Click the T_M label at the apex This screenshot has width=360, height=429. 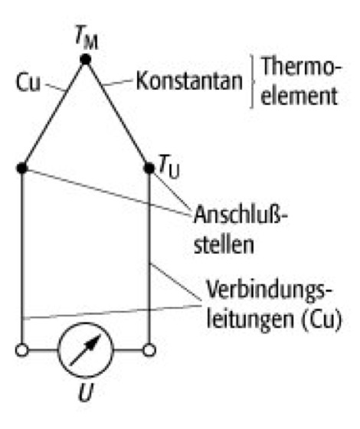[x=87, y=38]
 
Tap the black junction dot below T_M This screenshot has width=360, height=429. [x=86, y=60]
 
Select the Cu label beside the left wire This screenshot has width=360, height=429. [x=28, y=82]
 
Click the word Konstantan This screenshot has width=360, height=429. [x=189, y=80]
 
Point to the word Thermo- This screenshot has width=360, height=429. [x=302, y=67]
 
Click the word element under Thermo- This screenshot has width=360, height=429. [x=299, y=96]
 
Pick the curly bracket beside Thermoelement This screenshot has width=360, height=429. [x=252, y=81]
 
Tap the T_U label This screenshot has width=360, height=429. [x=169, y=167]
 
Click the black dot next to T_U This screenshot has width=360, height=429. [x=149, y=168]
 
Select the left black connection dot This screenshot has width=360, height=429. [x=22, y=168]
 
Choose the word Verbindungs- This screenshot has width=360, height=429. [x=270, y=290]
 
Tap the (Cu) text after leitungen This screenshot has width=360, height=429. [x=321, y=319]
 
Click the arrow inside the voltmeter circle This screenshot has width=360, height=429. [x=85, y=350]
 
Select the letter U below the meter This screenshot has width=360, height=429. [x=86, y=392]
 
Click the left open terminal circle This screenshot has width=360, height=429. [x=22, y=350]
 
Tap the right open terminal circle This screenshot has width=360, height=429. [x=149, y=350]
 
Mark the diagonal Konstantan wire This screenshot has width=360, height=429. [x=117, y=113]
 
